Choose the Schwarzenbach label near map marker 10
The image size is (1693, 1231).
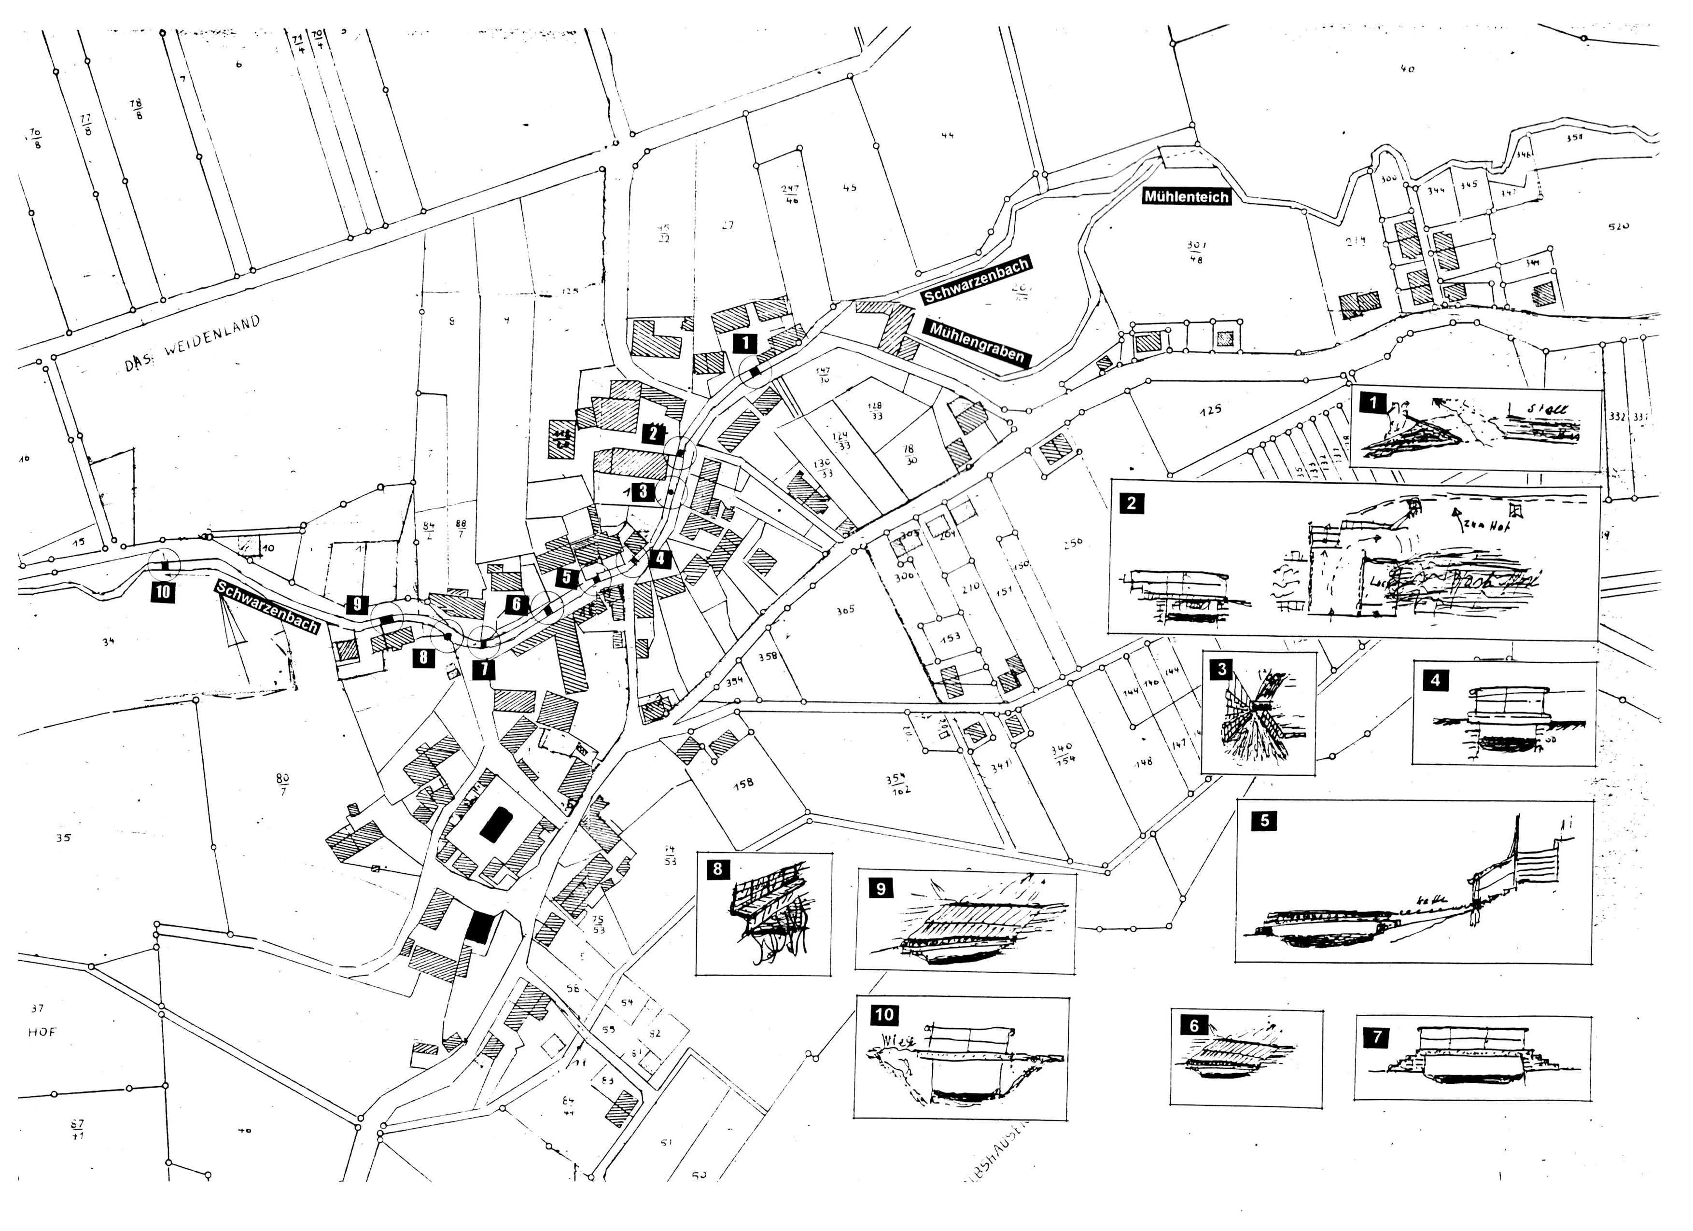pyautogui.click(x=267, y=606)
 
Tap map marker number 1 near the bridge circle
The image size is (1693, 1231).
pyautogui.click(x=745, y=343)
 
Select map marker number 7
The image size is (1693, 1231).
pyautogui.click(x=483, y=669)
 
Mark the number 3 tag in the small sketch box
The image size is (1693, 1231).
pyautogui.click(x=1221, y=669)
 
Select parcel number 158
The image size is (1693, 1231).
pyautogui.click(x=743, y=783)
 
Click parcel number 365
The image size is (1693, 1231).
pyautogui.click(x=845, y=610)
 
